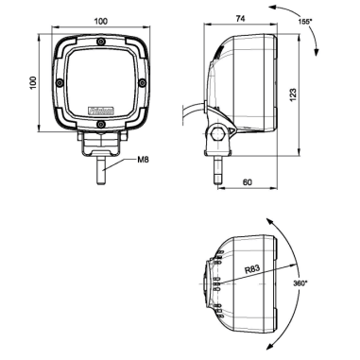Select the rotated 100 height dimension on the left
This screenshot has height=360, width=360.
(x=32, y=84)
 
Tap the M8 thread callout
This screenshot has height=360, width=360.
(x=142, y=161)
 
